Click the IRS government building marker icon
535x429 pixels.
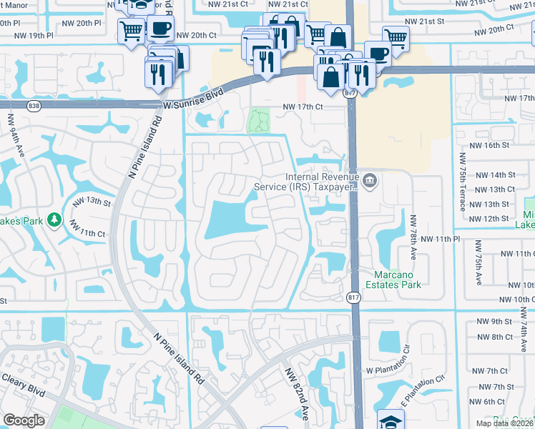click(369, 179)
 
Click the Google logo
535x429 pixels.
click(24, 420)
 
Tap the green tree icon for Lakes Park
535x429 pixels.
click(54, 219)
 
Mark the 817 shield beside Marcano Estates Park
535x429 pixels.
click(353, 299)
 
